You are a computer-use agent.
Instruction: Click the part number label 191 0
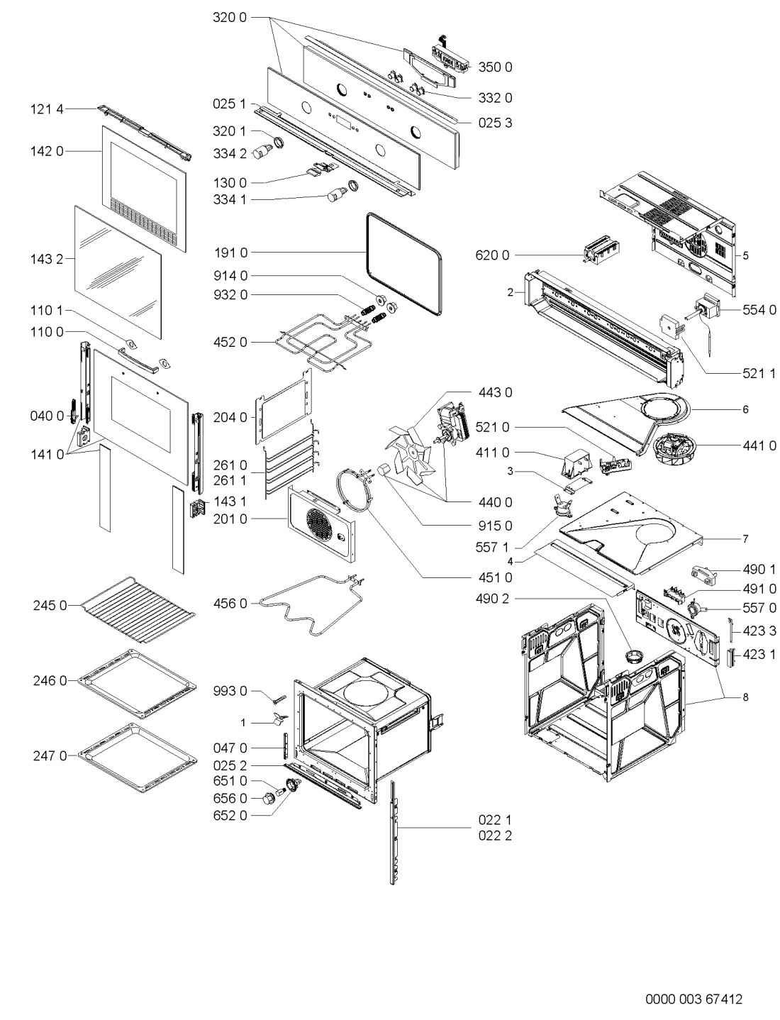pos(230,253)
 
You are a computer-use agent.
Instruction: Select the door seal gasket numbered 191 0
pos(404,265)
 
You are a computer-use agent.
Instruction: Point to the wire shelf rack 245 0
pos(138,609)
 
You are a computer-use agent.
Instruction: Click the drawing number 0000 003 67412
pos(693,999)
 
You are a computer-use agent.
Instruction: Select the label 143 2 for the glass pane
pos(47,260)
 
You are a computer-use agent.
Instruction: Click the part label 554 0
pos(759,310)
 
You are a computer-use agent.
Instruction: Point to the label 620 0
pos(492,255)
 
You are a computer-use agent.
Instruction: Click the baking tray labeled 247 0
pos(138,758)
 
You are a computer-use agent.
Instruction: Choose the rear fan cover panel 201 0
pos(321,523)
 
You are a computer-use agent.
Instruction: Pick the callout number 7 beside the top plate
pos(746,538)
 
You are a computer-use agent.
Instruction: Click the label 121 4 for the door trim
pos(47,109)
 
